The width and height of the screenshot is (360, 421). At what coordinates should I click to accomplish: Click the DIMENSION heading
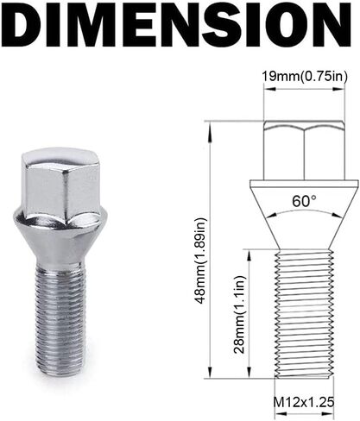click(x=179, y=25)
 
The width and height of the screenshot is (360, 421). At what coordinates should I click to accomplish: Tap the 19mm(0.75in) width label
click(x=305, y=76)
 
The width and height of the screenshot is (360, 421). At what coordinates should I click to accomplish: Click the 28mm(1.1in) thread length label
click(x=239, y=315)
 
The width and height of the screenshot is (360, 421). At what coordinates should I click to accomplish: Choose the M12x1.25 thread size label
click(x=304, y=402)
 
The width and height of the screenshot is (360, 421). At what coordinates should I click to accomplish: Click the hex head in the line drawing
click(x=304, y=150)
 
